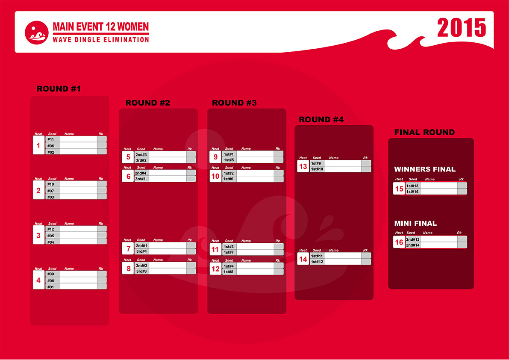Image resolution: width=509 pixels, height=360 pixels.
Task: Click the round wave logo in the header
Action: tap(37, 33)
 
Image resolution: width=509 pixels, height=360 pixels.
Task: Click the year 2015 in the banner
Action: tap(461, 28)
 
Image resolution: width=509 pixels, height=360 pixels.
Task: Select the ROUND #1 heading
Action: tap(59, 89)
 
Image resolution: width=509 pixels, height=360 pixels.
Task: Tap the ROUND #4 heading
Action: tap(321, 119)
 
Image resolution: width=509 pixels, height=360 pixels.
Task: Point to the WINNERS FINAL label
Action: tap(425, 169)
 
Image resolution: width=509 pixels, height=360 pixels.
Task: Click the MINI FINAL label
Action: tap(415, 223)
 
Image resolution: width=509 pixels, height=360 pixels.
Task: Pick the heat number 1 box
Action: tap(38, 145)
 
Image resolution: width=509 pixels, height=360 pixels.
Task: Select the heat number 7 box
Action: tap(128, 249)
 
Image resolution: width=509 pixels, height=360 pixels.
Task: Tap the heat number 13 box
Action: tap(303, 166)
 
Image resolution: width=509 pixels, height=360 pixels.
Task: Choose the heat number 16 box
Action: tap(399, 242)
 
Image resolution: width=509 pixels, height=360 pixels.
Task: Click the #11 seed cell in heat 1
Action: tap(53, 139)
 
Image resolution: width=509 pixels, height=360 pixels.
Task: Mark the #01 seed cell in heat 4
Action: tap(53, 286)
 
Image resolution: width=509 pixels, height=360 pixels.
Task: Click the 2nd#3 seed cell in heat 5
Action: tap(142, 154)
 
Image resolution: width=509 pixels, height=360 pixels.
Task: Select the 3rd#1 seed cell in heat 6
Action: tap(142, 179)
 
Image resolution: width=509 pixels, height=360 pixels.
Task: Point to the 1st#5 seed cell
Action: tap(229, 160)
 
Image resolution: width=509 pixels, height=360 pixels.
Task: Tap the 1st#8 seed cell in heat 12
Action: tap(229, 271)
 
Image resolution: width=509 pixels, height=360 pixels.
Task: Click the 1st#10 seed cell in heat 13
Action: tap(317, 169)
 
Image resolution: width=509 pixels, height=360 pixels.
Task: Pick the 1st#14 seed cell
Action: tap(413, 192)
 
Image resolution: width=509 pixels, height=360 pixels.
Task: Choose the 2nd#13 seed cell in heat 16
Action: tap(413, 239)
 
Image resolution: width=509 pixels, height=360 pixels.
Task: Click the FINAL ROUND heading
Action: tap(425, 132)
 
